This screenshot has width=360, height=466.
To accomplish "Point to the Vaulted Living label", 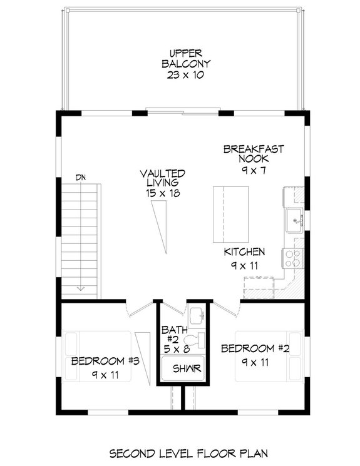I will click(x=162, y=178).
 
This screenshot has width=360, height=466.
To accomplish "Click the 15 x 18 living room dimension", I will click(x=162, y=195).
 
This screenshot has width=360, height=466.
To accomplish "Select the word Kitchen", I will click(x=245, y=252).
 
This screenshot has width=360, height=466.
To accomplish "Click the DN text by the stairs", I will click(x=81, y=178).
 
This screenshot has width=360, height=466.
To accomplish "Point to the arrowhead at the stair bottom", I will click(x=81, y=288).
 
